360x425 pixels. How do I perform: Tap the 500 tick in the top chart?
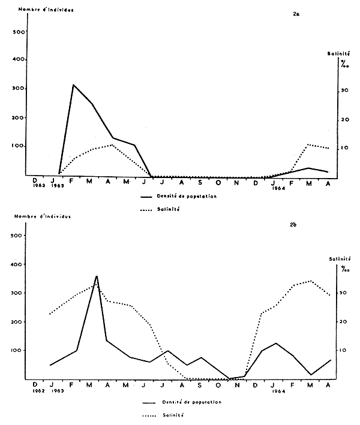point(18,32)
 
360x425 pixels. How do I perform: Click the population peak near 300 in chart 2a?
point(73,85)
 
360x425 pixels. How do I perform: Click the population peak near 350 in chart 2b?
point(96,276)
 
